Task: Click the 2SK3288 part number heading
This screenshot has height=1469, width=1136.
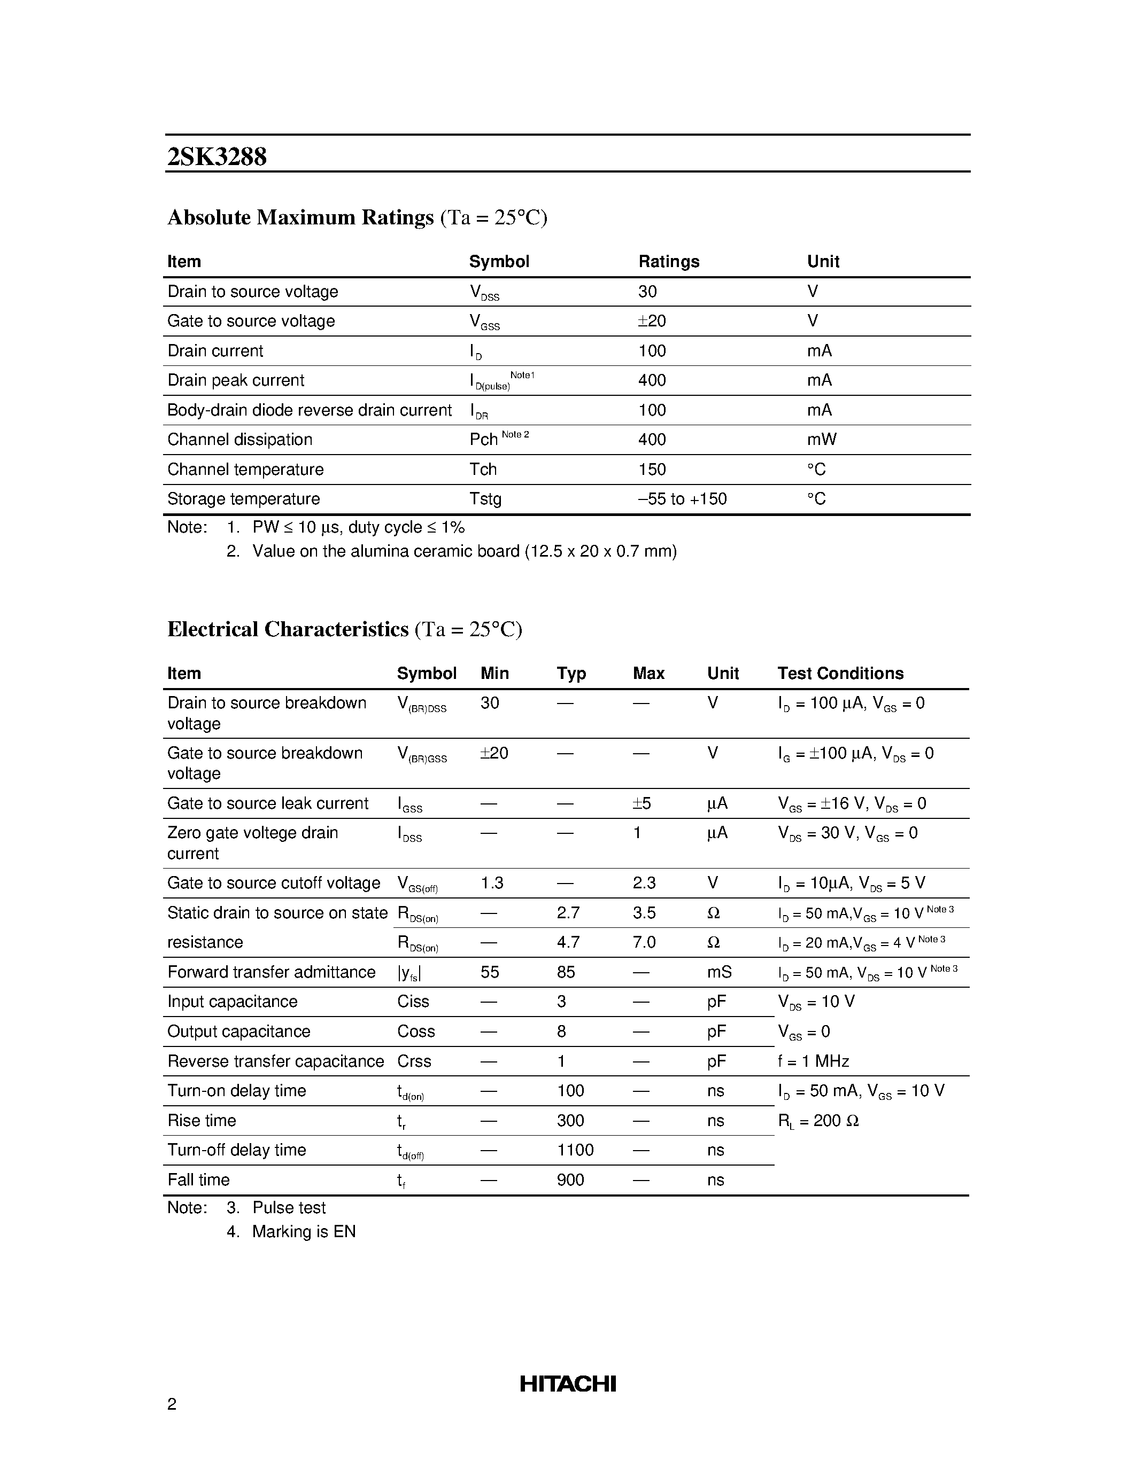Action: coord(217,157)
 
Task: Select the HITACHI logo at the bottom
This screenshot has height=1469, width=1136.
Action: coord(567,1384)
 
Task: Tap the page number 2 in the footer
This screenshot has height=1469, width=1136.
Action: coord(172,1404)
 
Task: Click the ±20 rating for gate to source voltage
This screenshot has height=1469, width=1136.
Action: coord(652,321)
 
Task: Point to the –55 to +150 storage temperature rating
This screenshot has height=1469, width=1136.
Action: coord(683,498)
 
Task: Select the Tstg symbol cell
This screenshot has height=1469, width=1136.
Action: coord(485,498)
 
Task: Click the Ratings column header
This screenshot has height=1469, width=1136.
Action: coord(668,261)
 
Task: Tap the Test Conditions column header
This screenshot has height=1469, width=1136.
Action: coord(840,673)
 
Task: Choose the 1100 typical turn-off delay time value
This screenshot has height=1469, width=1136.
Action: coord(575,1150)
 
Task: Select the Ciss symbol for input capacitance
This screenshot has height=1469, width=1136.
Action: coord(413,1001)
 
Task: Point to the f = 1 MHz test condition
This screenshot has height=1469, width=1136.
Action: coord(813,1061)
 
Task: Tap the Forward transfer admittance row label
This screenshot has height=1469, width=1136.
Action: coord(271,971)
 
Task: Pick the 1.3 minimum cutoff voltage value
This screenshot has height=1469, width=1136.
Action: coord(492,882)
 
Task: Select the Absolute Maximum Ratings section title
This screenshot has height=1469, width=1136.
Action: coord(300,217)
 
